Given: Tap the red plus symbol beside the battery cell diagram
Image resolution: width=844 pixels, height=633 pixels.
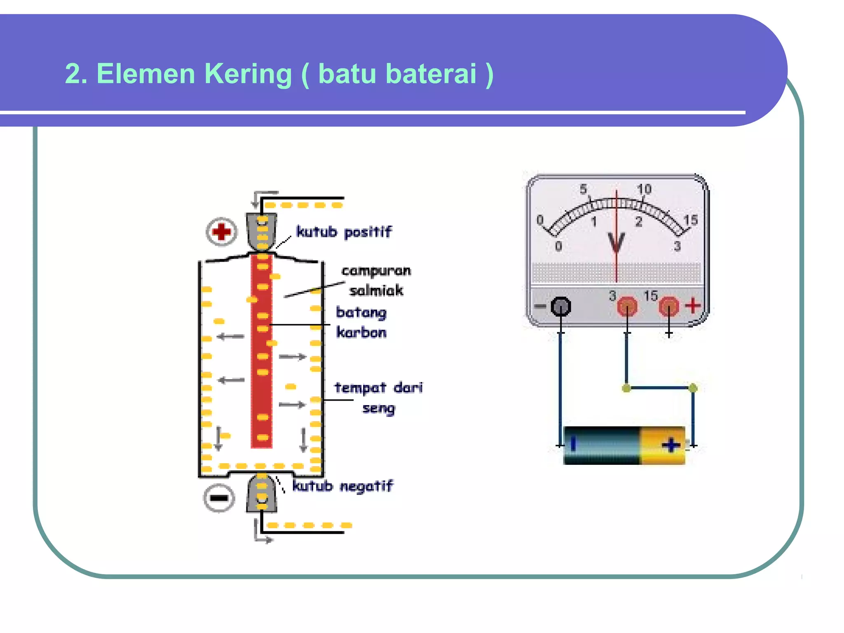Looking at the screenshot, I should click(x=221, y=232).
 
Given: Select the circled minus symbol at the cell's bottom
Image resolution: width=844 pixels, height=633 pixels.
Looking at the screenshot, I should click(x=219, y=498).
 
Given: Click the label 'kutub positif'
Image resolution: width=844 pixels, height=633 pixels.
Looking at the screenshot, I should click(x=344, y=232).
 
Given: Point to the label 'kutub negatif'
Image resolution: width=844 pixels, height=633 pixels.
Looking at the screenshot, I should click(x=342, y=486).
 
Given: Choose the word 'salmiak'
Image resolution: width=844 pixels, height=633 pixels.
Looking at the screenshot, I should click(x=376, y=291).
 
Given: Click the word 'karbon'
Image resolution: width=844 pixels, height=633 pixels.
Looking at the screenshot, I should click(x=361, y=332).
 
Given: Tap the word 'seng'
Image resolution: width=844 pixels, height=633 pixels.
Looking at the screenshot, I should click(x=378, y=408).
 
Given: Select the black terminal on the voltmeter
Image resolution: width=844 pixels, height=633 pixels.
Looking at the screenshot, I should click(x=561, y=306).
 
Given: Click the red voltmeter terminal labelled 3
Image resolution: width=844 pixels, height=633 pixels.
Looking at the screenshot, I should click(x=627, y=307).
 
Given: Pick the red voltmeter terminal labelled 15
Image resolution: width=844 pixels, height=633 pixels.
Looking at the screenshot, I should click(x=668, y=307).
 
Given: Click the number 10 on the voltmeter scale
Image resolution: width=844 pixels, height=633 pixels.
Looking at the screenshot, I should click(x=644, y=189).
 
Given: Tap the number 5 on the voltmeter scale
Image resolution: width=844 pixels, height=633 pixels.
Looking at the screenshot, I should click(x=583, y=189).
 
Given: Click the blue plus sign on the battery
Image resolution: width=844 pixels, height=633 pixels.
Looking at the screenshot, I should click(x=671, y=445).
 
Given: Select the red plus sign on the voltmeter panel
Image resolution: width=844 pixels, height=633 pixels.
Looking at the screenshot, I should click(x=693, y=305).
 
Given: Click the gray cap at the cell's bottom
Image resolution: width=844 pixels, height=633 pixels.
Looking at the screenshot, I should click(x=262, y=494).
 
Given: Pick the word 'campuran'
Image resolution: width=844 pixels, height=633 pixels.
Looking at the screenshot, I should click(x=376, y=271).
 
